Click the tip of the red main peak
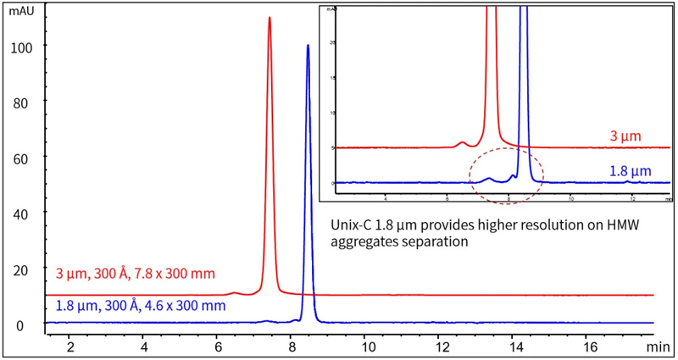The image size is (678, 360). coord(270,18)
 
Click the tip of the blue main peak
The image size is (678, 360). coord(308,46)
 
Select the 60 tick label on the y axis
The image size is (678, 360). coord(20,158)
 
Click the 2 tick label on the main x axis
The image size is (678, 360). coord(70,346)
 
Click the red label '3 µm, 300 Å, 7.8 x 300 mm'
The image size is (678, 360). coord(136,274)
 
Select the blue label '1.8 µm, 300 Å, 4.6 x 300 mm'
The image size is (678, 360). coord(141,305)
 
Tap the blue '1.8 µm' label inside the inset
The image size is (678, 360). coord(630,170)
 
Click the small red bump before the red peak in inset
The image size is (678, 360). coord(462,142)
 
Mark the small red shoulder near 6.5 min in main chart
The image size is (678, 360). coord(236,293)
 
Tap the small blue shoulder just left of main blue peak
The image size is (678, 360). coord(296,320)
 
